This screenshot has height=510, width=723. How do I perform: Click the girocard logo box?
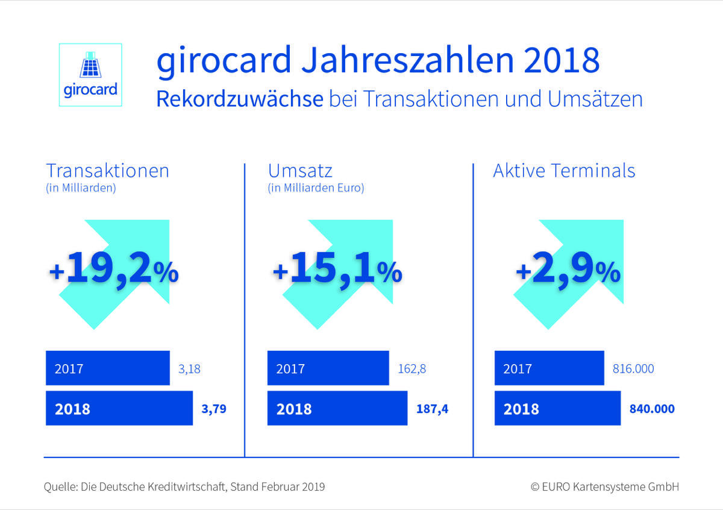click(x=90, y=75)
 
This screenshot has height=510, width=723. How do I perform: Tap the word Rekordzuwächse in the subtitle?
click(x=239, y=99)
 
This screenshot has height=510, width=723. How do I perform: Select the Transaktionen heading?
click(x=107, y=171)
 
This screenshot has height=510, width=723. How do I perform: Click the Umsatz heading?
click(x=301, y=171)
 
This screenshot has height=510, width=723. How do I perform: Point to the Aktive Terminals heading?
click(x=564, y=171)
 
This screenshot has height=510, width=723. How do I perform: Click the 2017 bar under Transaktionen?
click(x=107, y=368)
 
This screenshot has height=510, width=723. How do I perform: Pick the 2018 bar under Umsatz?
click(x=337, y=409)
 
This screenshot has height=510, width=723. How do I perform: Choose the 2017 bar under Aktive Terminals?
click(x=549, y=368)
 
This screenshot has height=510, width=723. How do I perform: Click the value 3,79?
click(x=214, y=409)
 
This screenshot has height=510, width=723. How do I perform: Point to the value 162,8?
click(x=412, y=368)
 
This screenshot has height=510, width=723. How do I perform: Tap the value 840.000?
click(x=651, y=409)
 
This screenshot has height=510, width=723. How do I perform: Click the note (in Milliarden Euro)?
click(x=316, y=188)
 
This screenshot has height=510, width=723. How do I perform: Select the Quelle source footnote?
click(x=184, y=486)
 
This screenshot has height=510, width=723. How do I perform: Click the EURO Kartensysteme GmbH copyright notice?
click(x=604, y=486)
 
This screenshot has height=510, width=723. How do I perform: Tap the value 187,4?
click(x=433, y=409)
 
